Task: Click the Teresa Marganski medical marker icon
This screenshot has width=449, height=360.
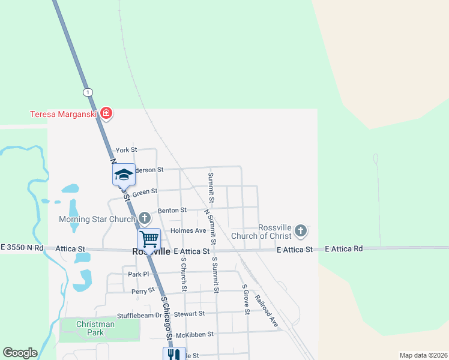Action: [106, 113]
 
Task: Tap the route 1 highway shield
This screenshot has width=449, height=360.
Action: [88, 92]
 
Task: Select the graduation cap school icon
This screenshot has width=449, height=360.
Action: [124, 175]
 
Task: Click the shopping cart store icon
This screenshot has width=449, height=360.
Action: [149, 239]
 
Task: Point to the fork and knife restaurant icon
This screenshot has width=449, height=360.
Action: [172, 354]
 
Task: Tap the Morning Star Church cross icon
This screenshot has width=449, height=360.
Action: [144, 218]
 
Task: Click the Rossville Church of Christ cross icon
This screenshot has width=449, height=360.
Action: [301, 230]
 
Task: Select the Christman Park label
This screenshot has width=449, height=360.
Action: [95, 328]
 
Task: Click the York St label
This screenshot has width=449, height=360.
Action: [127, 149]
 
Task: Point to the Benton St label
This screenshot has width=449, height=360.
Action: [172, 211]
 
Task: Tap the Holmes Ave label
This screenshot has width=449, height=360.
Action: [188, 230]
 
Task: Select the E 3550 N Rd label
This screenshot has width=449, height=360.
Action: [22, 247]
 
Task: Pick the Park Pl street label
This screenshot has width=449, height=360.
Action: [138, 274]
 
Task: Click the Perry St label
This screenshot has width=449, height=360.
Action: [143, 292]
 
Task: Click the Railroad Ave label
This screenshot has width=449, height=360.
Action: [267, 311]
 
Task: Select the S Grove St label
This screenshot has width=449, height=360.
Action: [246, 298]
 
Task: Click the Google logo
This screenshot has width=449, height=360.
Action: [20, 353]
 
